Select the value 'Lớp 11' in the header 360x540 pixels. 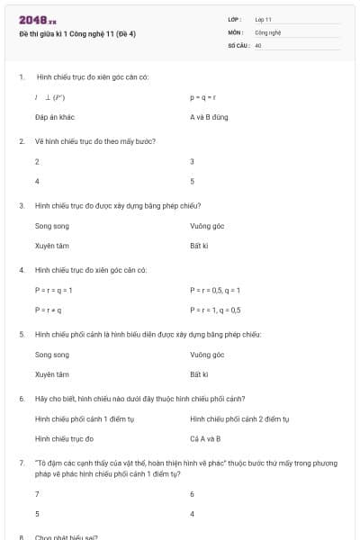(263, 18)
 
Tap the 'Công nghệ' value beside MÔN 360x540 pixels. (268, 31)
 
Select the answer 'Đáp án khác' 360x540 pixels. (54, 117)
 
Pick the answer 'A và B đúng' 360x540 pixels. (209, 117)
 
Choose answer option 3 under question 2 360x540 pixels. (192, 162)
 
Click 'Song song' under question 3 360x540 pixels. (51, 226)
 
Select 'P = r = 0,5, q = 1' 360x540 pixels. (216, 290)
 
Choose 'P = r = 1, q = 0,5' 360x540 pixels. (215, 310)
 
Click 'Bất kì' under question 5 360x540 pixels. (199, 373)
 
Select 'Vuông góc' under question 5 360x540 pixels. (207, 355)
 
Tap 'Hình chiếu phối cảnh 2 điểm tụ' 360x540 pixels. (238, 418)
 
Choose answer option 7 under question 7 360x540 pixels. (37, 494)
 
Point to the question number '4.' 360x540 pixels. (21, 270)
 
